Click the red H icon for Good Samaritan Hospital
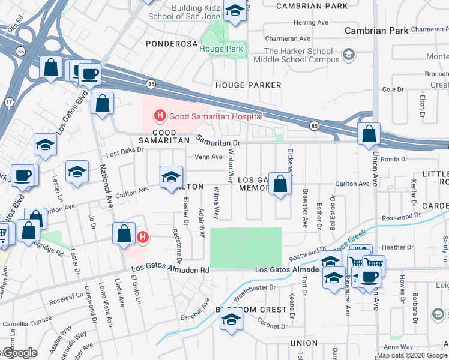(x=160, y=115)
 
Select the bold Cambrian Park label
(x=376, y=31)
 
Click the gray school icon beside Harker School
(x=348, y=56)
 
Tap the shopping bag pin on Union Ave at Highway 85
(x=369, y=134)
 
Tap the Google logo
(x=19, y=353)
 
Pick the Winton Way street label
(x=231, y=168)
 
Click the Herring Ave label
(x=311, y=22)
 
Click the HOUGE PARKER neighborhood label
(x=248, y=85)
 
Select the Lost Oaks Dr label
(x=125, y=154)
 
